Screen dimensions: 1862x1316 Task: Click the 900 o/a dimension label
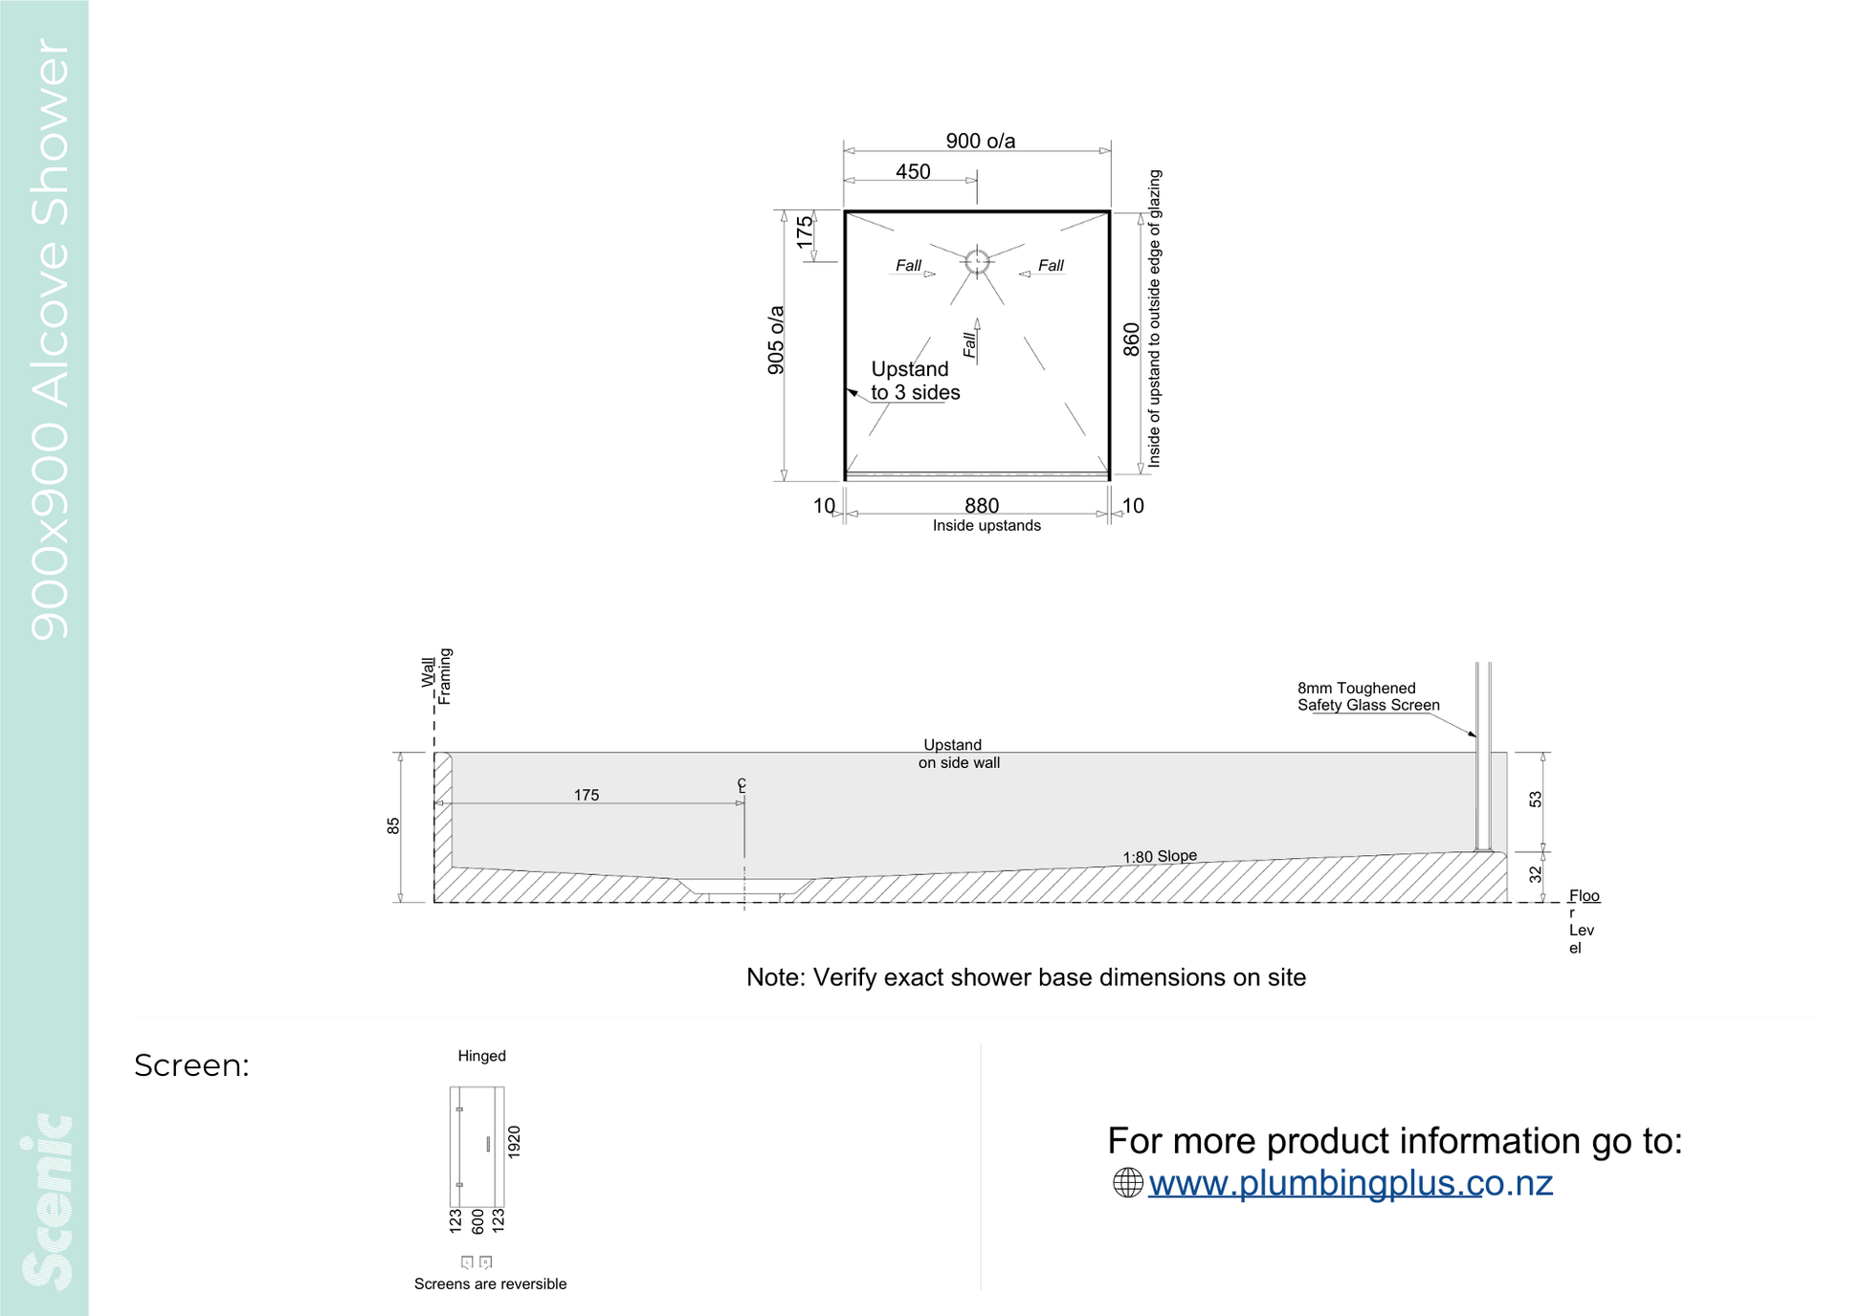click(981, 142)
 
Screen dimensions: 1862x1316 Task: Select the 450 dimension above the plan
click(913, 172)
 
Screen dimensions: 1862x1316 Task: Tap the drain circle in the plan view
click(977, 261)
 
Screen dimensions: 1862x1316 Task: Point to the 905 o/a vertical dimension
click(776, 340)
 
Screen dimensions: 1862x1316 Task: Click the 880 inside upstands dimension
click(982, 506)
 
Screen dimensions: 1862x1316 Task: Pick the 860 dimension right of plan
click(1132, 340)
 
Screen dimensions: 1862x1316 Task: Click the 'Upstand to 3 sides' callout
click(915, 381)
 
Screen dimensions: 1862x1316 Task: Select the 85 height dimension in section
click(393, 826)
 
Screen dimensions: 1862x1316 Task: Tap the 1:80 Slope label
click(1160, 856)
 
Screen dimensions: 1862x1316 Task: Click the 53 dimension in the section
click(1536, 800)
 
